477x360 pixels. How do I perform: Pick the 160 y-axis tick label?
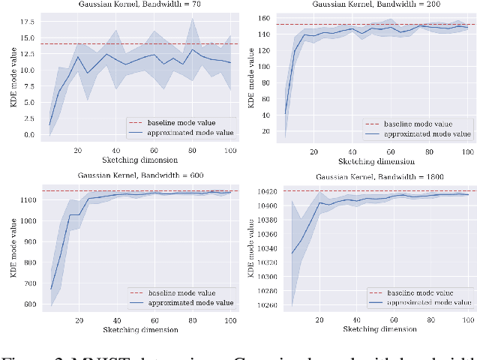(263, 17)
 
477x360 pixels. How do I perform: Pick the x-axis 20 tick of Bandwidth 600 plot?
(78, 319)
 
